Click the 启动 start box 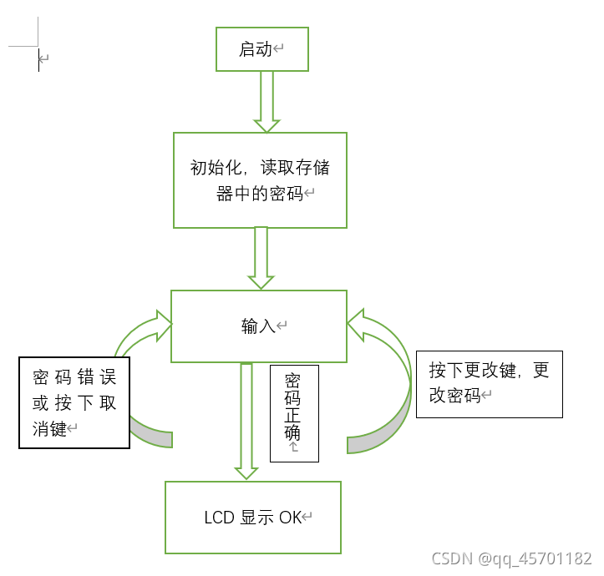[x=261, y=49]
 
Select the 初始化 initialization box [x=259, y=179]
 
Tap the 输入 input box [x=258, y=326]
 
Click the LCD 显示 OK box [x=252, y=518]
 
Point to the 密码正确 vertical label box [x=294, y=412]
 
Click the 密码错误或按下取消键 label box [x=74, y=403]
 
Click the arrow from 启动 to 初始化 [x=267, y=101]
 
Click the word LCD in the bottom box [x=220, y=518]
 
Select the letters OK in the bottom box [x=290, y=518]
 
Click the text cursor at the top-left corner [x=38, y=59]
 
